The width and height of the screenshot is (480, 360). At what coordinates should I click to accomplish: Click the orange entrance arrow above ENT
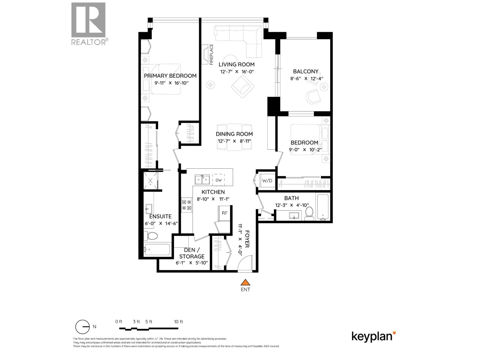[x=245, y=282]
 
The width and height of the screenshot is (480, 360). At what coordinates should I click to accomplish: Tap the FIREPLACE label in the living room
[x=211, y=55]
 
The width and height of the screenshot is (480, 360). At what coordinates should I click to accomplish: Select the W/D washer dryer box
[x=267, y=181]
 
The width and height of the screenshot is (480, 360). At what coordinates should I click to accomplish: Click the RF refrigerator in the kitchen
[x=224, y=213]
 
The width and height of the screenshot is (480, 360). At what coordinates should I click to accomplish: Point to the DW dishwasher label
[x=218, y=180]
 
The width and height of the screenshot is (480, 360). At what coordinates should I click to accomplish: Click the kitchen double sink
[x=202, y=180]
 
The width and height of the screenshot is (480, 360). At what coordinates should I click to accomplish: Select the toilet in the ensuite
[x=151, y=236]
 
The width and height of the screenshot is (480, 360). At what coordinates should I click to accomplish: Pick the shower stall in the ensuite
[x=150, y=181]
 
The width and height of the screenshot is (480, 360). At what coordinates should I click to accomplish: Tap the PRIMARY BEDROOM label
[x=170, y=76]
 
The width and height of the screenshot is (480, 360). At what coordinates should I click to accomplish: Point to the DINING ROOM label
[x=234, y=134]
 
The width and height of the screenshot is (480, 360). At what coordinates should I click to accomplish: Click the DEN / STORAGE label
[x=192, y=253]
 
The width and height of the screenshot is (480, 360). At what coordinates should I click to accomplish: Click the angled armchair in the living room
[x=243, y=86]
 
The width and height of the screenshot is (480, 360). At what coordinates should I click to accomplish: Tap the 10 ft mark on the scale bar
[x=178, y=322]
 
